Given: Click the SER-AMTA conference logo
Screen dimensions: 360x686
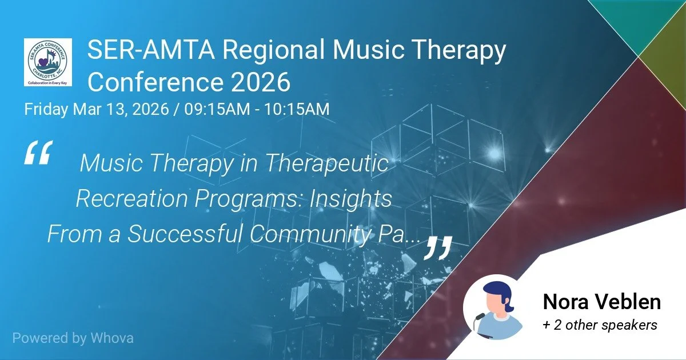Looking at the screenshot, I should (x=48, y=62).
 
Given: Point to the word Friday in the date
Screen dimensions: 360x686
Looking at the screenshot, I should (x=46, y=109).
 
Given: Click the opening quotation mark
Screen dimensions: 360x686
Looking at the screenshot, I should (x=38, y=153).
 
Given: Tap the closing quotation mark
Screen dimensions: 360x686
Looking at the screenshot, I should (x=438, y=247).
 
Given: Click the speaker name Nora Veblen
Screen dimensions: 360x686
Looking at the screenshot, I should (x=601, y=302).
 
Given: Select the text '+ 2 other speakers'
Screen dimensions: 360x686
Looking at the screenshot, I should (x=600, y=325).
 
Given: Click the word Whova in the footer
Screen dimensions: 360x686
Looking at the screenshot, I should (x=111, y=338).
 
